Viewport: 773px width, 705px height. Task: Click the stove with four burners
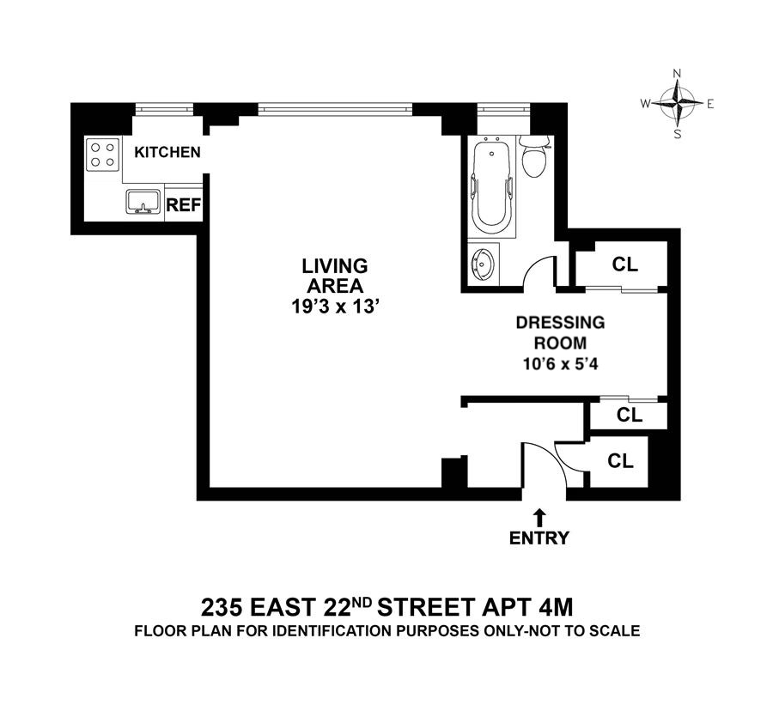[103, 154]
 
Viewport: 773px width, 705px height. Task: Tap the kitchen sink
[143, 202]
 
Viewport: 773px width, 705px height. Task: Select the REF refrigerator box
[183, 204]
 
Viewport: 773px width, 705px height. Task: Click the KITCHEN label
[167, 153]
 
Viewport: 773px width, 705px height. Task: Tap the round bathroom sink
[483, 264]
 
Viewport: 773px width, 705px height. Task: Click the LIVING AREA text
[333, 275]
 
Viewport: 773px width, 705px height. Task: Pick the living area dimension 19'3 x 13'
[333, 307]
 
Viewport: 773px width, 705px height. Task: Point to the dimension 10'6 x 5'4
[560, 362]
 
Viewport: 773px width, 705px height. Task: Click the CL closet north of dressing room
[624, 264]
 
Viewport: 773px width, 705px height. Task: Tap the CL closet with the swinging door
[620, 460]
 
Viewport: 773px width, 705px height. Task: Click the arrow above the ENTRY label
[539, 516]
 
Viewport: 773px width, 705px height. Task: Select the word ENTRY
[539, 538]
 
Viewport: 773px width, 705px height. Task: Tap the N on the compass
[677, 73]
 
